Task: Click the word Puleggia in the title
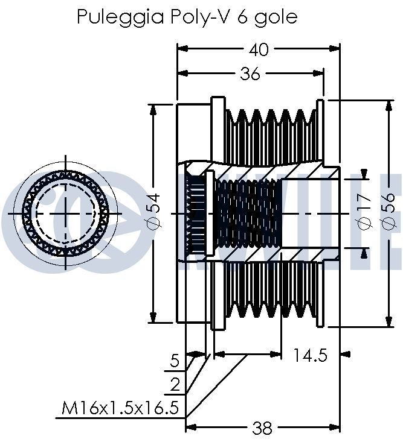tap(120, 17)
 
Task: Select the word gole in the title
tap(276, 17)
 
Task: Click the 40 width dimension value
tap(258, 49)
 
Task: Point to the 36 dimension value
tap(250, 74)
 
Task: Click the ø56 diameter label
tap(388, 210)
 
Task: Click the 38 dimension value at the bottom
tap(262, 429)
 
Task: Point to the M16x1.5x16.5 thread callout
tap(120, 408)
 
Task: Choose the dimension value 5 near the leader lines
tap(175, 361)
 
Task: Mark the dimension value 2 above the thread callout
tap(175, 385)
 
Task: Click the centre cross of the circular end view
tap(66, 213)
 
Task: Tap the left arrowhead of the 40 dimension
tap(182, 49)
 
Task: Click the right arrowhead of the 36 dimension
tap(318, 73)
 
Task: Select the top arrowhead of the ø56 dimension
tap(388, 106)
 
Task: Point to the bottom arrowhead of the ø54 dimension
tap(153, 317)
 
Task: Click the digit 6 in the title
tap(242, 17)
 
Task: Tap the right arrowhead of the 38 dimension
tap(335, 427)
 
